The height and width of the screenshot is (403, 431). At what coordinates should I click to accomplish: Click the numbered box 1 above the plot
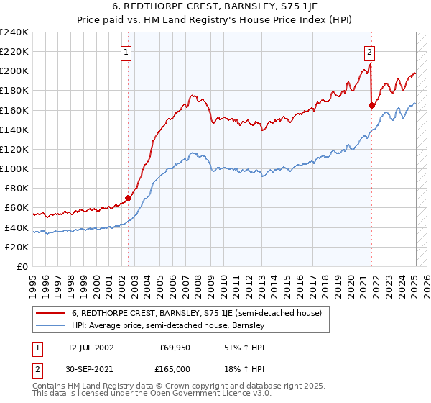point(126,52)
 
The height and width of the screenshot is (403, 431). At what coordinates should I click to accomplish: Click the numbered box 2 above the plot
point(369,52)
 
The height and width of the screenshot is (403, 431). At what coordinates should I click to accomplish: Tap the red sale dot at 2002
point(129,198)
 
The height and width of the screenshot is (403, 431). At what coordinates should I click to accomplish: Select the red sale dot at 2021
point(372,105)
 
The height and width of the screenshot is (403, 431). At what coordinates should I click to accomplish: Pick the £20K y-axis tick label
point(17,247)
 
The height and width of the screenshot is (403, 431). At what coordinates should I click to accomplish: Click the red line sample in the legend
point(51,313)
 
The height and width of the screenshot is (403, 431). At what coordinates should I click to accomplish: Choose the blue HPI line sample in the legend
point(51,326)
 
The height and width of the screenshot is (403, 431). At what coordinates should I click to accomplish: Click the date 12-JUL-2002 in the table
point(91,348)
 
